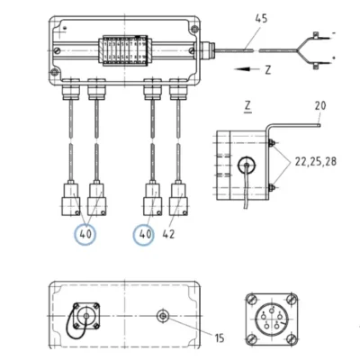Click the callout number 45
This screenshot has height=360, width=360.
pos(261,19)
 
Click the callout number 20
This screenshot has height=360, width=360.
pos(320,105)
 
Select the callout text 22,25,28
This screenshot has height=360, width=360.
pos(316,162)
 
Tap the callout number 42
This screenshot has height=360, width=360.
pos(168,234)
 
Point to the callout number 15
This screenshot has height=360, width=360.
pos(220,338)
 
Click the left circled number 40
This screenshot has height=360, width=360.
pos(85,234)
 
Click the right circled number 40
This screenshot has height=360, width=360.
pos(145,234)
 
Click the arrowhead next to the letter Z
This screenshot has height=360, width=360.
pos(242,69)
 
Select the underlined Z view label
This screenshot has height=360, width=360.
pos(247,106)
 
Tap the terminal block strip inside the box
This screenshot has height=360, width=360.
pos(125,50)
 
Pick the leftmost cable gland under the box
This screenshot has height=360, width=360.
pos(71,89)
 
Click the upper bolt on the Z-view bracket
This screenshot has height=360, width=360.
pos(271,142)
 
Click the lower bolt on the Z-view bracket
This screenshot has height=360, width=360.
pos(271,188)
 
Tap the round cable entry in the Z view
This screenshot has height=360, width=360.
pos(247,165)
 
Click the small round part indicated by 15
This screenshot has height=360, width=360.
pos(163,316)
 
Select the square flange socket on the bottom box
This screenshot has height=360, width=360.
pos(86,316)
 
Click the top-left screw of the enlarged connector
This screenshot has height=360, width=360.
pos(252,299)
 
